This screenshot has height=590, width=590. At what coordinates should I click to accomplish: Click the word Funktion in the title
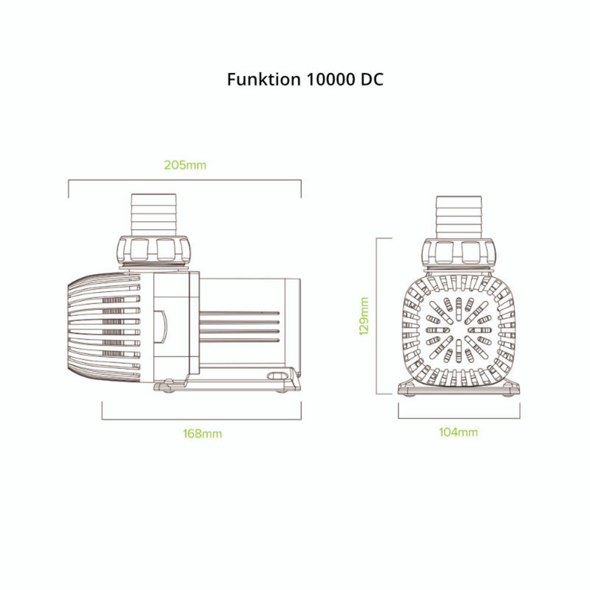pos(263,79)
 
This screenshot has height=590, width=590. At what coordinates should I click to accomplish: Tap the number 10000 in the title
pos(329,79)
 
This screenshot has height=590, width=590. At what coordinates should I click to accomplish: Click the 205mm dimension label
pos(185,165)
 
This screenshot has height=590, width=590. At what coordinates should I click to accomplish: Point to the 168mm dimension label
pos(202,434)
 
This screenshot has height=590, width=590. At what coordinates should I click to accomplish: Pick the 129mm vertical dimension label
pos(364,316)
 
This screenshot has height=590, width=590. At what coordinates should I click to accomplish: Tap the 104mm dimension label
pos(458,432)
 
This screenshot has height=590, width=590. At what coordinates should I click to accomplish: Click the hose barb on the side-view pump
pos(153,215)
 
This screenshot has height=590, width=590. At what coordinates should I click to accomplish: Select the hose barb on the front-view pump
pos(459,217)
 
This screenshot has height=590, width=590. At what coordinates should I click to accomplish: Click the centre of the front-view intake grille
pos(459,330)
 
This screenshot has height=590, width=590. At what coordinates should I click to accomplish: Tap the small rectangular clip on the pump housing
pos(160,327)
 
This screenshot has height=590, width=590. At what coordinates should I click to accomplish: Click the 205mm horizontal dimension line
pos(185,181)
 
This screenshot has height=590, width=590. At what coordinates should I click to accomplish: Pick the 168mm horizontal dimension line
pos(201,419)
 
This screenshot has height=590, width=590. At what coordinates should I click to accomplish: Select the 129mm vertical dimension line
pos(378,316)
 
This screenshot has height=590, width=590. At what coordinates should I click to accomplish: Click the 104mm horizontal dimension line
pos(459,419)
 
